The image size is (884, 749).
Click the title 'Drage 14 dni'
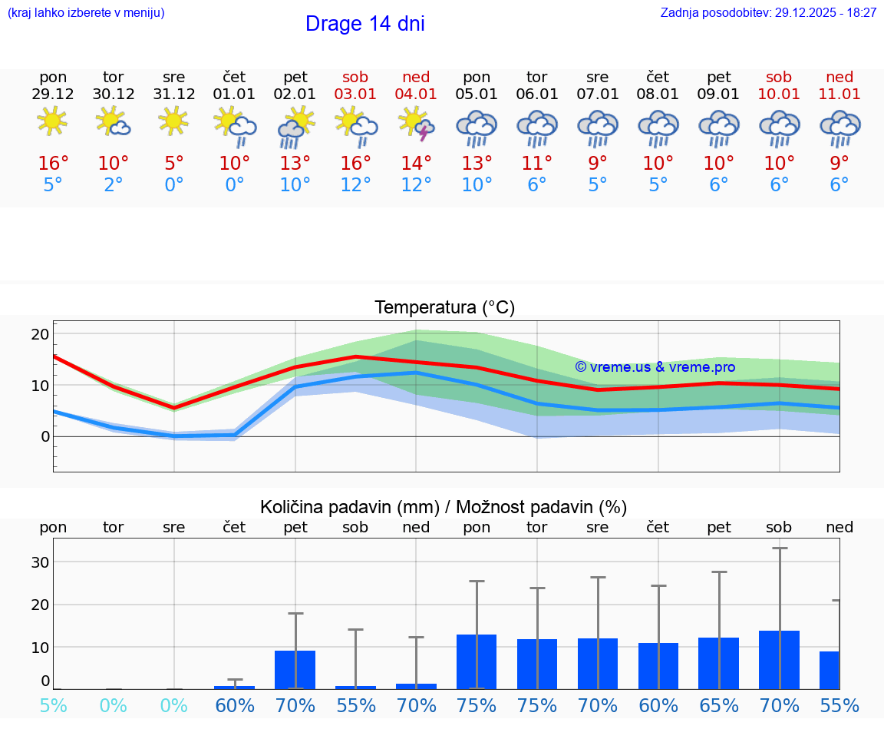click(x=364, y=24)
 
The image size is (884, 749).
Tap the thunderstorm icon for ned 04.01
click(x=416, y=124)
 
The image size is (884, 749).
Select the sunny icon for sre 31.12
click(x=174, y=121)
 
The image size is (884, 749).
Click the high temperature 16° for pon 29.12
click(x=53, y=164)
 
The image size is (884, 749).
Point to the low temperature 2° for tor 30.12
click(x=114, y=185)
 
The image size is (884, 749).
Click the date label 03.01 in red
click(x=355, y=94)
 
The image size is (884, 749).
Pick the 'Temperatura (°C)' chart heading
click(x=444, y=308)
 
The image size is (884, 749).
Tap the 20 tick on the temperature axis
click(x=41, y=334)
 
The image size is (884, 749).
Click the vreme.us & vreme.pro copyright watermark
click(x=655, y=367)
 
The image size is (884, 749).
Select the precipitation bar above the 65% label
click(x=718, y=663)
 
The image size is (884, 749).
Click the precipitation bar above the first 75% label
click(x=477, y=661)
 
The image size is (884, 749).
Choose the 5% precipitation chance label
click(x=53, y=705)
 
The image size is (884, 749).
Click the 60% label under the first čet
click(x=235, y=705)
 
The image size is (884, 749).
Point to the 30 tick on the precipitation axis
click(x=41, y=562)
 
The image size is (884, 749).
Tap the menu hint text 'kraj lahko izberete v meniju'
click(x=86, y=13)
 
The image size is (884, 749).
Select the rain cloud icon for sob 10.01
click(x=779, y=127)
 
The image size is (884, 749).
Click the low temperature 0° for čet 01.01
click(x=235, y=185)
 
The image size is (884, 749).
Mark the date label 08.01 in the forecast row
click(x=658, y=94)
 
